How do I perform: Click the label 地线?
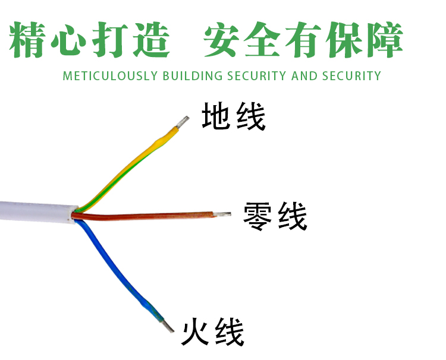[x=233, y=116]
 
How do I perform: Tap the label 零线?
[x=275, y=217]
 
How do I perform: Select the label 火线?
[x=213, y=333]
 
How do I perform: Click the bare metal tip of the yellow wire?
[x=181, y=122]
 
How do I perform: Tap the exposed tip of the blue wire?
[x=168, y=325]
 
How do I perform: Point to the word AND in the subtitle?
[x=304, y=76]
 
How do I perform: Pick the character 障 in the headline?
[x=384, y=40]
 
